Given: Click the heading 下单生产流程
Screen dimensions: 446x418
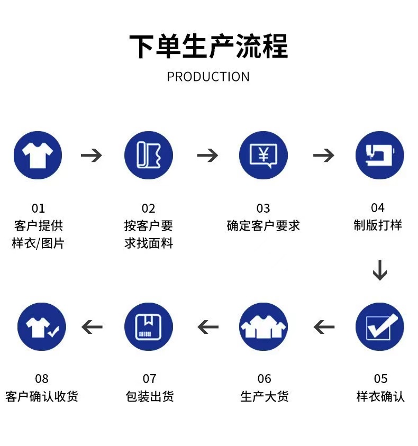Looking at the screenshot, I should pos(208,46).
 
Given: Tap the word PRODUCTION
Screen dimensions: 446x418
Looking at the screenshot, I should pos(208,77).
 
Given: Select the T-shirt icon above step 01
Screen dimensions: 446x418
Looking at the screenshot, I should pos(38,156).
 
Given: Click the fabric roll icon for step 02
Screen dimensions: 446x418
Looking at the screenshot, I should pos(149,156).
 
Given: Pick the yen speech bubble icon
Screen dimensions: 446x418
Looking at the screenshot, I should pos(263,156).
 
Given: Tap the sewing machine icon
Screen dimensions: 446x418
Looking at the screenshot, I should pos(379,156).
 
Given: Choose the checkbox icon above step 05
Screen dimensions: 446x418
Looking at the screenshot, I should pos(379,326).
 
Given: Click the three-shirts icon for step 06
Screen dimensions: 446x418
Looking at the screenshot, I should pos(263,326).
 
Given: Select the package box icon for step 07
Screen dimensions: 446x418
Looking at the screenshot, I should pos(149,326).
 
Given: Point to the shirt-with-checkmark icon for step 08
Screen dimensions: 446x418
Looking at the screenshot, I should pos(42,326).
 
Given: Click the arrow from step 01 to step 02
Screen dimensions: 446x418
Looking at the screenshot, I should pos(92,156).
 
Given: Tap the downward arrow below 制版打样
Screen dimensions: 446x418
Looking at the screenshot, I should pos(379,270).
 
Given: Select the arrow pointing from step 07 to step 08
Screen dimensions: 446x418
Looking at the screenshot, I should pos(92,327).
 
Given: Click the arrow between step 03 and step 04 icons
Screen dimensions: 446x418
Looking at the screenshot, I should pos(323,156).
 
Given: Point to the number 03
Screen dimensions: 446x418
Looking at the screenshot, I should pos(263,208).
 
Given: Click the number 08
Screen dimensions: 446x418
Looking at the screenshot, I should pos(42,379).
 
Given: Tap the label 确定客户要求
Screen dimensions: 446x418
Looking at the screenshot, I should pos(263,225).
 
